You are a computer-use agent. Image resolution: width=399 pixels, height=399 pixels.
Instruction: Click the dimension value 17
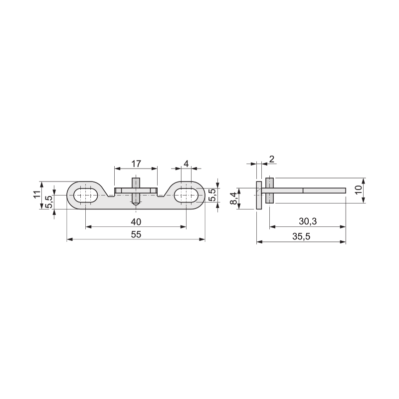[x=136, y=164]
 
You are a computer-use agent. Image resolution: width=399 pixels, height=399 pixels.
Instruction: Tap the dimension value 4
[x=186, y=164]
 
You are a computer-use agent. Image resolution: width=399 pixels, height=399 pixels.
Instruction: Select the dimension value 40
[x=136, y=222]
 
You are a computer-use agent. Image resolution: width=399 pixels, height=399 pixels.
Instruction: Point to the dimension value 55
[x=136, y=234]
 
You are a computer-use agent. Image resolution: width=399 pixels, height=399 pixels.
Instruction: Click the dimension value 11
[x=37, y=194]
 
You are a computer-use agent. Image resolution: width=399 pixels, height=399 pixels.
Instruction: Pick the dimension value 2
[x=272, y=159]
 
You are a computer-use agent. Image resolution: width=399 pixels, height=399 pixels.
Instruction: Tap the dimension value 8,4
[x=233, y=199]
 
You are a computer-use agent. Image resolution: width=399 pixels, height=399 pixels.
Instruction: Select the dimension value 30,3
[x=308, y=221]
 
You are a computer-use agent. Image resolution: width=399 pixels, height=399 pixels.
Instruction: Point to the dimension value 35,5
[x=301, y=236]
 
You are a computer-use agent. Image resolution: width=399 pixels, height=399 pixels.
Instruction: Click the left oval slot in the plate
[x=86, y=196]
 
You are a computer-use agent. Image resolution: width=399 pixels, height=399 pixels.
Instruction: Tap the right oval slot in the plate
[x=186, y=196]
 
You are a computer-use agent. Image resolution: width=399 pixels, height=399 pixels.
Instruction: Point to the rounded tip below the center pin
[x=136, y=203]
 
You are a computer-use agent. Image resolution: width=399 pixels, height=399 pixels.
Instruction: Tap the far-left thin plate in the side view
[x=259, y=196]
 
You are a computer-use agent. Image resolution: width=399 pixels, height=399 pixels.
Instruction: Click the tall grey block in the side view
[x=269, y=191]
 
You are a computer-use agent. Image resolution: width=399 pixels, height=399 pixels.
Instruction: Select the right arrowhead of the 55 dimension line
[x=202, y=239]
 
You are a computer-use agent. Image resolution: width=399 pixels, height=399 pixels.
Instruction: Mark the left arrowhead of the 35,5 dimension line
[x=259, y=242]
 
